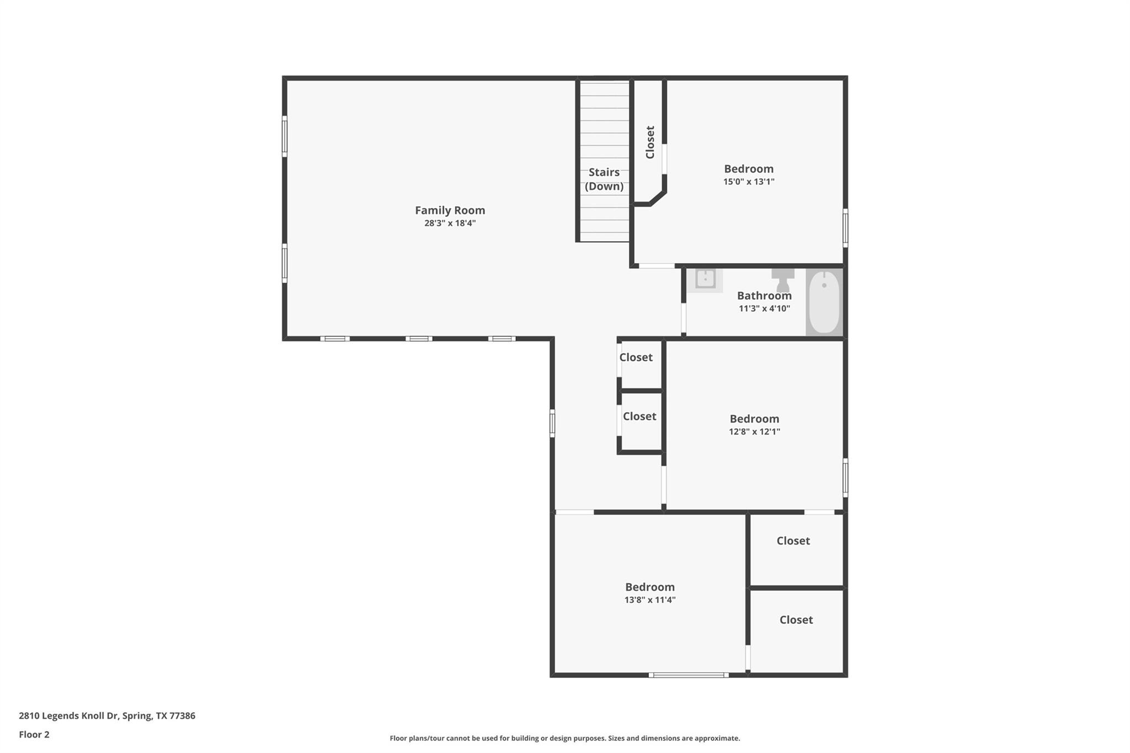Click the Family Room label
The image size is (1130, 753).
pos(450,210)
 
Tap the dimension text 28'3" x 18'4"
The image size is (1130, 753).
pos(450,223)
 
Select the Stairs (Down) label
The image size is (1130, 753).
pos(604,179)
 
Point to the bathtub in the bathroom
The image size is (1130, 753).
pos(824,302)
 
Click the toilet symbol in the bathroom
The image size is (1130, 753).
pos(782,280)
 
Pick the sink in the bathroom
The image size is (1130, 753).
pos(705,279)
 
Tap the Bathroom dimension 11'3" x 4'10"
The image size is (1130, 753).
pos(764,309)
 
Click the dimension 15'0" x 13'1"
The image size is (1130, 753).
pos(749,182)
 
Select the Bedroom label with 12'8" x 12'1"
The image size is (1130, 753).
pos(754,419)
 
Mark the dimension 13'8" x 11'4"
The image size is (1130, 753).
pos(649,600)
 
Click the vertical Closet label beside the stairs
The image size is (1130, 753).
pos(650,142)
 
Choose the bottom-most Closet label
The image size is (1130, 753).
pos(796,620)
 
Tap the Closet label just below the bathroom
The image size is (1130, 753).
pos(636,357)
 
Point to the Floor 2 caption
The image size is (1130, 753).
pos(34,735)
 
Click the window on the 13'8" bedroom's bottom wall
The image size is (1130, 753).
pos(688,675)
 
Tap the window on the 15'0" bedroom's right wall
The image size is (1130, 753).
pos(845,227)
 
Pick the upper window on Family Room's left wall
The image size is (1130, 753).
pos(285,136)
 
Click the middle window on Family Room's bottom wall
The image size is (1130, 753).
pos(419,339)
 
